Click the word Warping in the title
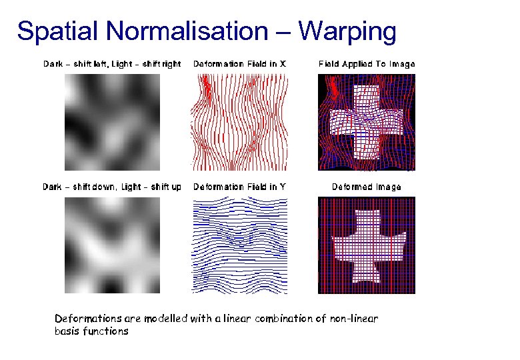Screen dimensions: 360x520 tap(347, 31)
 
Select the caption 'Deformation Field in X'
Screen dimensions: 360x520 tap(240, 64)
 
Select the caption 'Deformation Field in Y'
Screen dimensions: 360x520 tap(240, 187)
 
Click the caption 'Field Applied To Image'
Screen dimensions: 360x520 tap(367, 64)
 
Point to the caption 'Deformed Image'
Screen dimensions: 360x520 tap(367, 187)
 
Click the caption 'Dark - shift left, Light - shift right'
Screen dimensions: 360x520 tap(112, 64)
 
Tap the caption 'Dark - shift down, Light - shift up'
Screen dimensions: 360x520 tap(112, 187)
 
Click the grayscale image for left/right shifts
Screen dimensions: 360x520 tap(112, 121)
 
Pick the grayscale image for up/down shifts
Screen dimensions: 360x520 tap(112, 245)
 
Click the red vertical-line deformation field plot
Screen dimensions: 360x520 tap(240, 121)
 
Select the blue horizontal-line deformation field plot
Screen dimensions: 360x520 tap(240, 245)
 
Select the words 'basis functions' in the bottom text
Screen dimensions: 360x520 tap(91, 331)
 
